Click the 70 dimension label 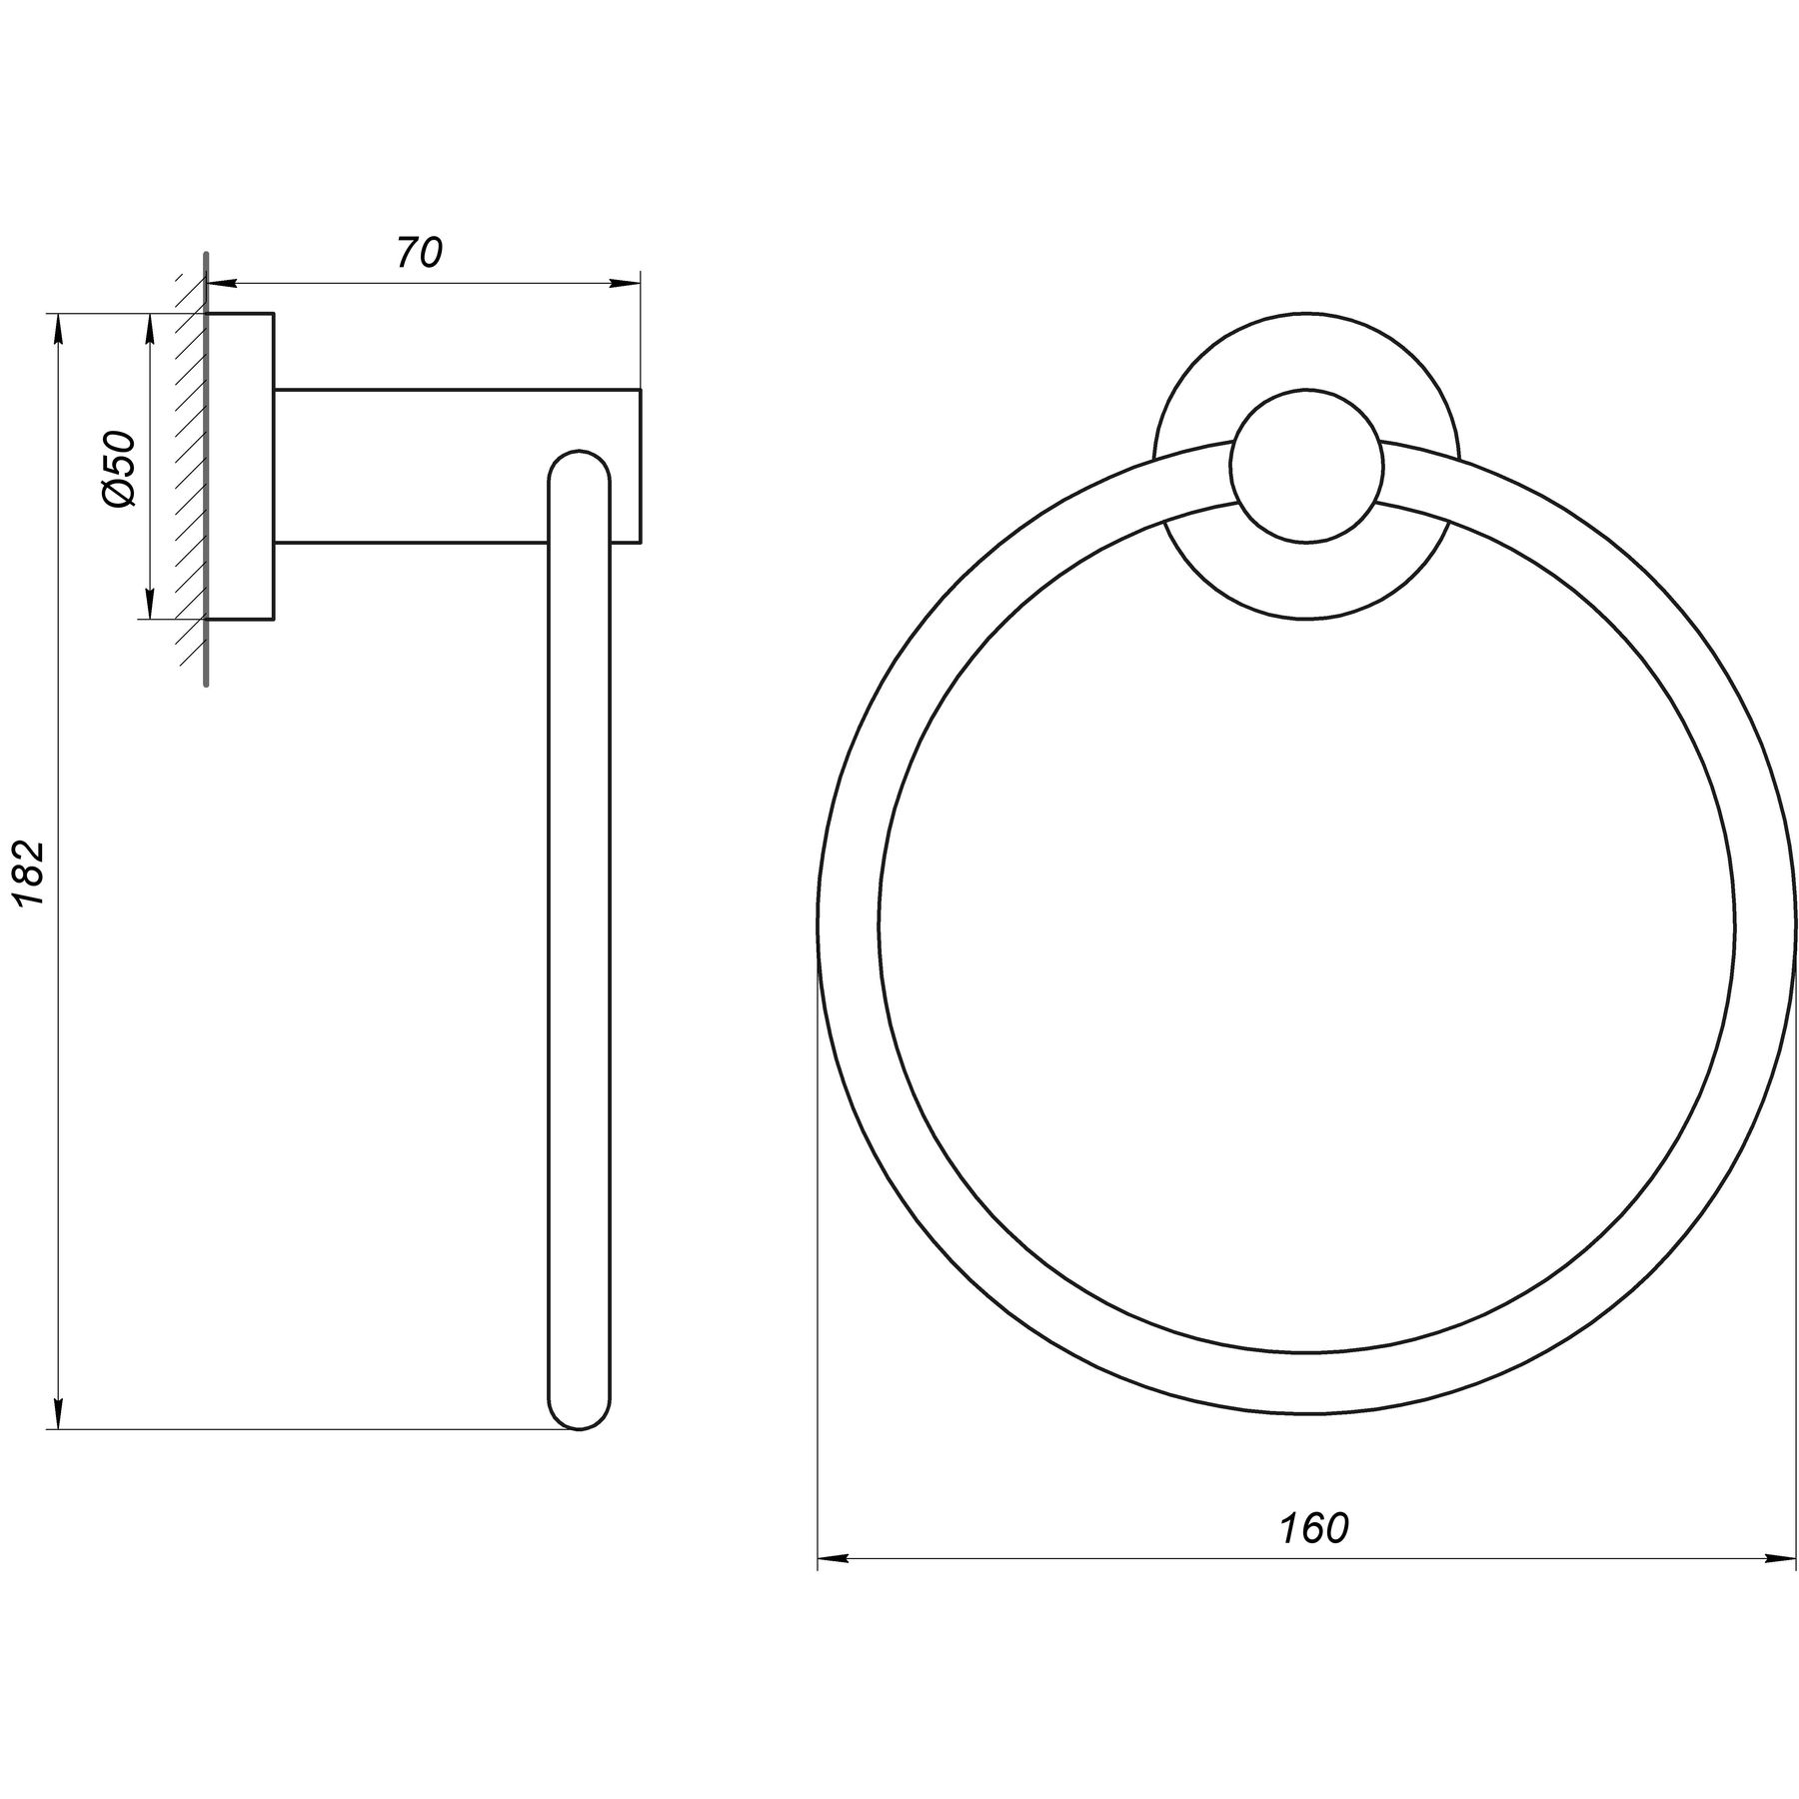[x=419, y=254]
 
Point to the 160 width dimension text [x=1314, y=1528]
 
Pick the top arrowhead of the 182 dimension [x=60, y=330]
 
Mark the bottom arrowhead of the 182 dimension [x=60, y=1413]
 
